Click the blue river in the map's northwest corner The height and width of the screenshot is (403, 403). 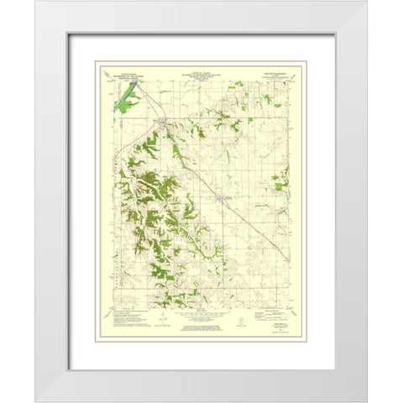click(125, 99)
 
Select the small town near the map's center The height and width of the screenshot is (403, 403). click(222, 197)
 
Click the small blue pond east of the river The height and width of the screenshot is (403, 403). click(139, 99)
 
